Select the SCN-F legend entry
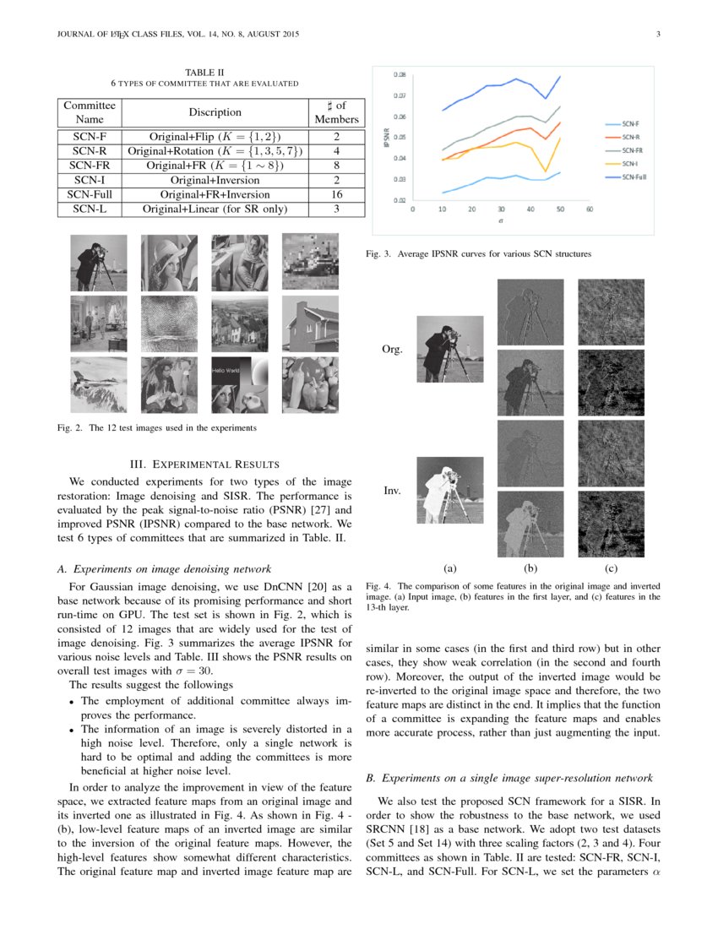click(629, 123)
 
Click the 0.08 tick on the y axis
click(400, 74)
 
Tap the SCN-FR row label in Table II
click(89, 165)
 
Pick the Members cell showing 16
click(336, 193)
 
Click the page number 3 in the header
click(656, 34)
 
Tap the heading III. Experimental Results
click(205, 463)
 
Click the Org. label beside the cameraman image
click(393, 349)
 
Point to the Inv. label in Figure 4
click(392, 490)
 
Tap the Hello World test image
click(239, 384)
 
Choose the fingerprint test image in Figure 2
click(169, 323)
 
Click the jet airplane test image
click(99, 384)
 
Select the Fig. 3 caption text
click(477, 253)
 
